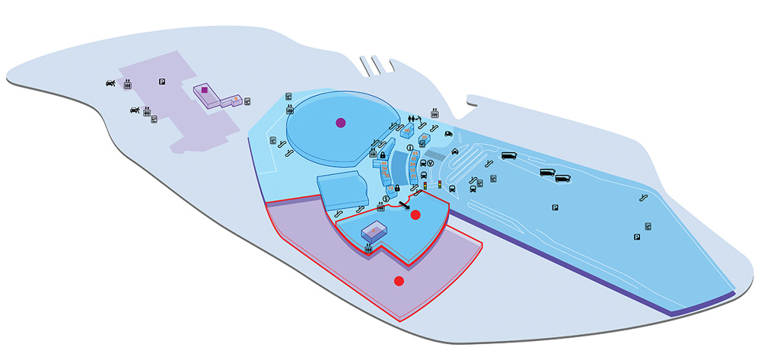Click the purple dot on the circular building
pyautogui.click(x=340, y=122)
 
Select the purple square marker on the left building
pyautogui.click(x=204, y=90)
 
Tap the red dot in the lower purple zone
pyautogui.click(x=398, y=281)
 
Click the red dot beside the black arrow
pyautogui.click(x=416, y=215)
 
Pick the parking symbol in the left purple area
pyautogui.click(x=161, y=82)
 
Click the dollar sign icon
pyautogui.click(x=387, y=199)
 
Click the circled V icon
pyautogui.click(x=430, y=163)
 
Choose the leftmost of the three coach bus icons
pyautogui.click(x=509, y=158)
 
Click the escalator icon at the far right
pyautogui.click(x=645, y=197)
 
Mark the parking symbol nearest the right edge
pyautogui.click(x=636, y=237)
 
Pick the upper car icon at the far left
pyautogui.click(x=111, y=84)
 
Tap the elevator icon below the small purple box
pyautogui.click(x=368, y=248)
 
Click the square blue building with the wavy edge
pyautogui.click(x=341, y=190)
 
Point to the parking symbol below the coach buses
pyautogui.click(x=554, y=207)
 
